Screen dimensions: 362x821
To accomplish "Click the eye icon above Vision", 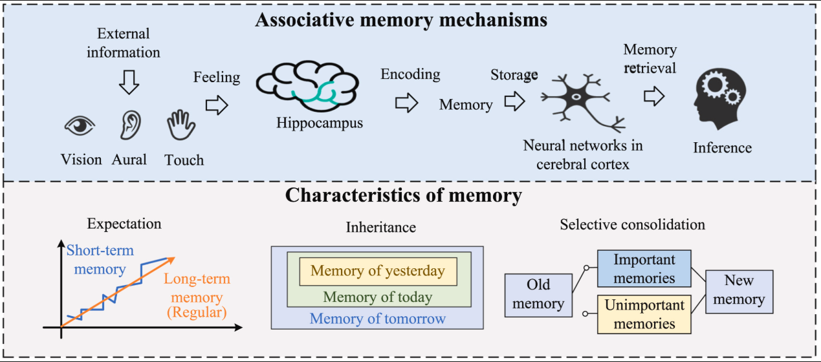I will click(80, 125).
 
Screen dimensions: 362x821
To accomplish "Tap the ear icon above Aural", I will click(129, 124).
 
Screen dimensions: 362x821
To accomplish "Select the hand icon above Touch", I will click(181, 125).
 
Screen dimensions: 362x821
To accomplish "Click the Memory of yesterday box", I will click(378, 271).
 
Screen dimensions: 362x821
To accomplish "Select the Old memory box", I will click(538, 295).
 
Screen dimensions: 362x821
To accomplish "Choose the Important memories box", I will click(644, 269).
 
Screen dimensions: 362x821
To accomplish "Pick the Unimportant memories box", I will click(644, 314).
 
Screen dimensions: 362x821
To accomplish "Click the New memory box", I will click(739, 291).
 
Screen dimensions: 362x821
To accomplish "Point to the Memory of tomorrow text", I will click(378, 318).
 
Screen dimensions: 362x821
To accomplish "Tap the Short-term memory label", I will click(100, 259).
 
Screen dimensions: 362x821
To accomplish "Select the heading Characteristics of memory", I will click(404, 195).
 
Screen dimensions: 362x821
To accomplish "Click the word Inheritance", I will click(381, 227).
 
